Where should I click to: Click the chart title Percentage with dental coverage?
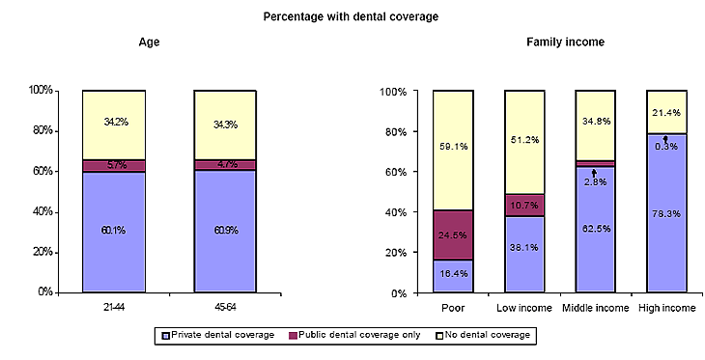point(352,16)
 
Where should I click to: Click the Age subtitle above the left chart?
point(149,42)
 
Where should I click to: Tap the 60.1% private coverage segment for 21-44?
point(114,232)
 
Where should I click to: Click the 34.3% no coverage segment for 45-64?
point(225,125)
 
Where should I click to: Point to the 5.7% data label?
point(114,166)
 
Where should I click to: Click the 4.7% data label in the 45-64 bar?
point(225,166)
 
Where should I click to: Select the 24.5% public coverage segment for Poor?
point(453,235)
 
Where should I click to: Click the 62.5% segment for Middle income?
point(596,230)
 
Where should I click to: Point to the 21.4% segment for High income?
point(665,112)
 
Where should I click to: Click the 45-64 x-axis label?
point(225,307)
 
